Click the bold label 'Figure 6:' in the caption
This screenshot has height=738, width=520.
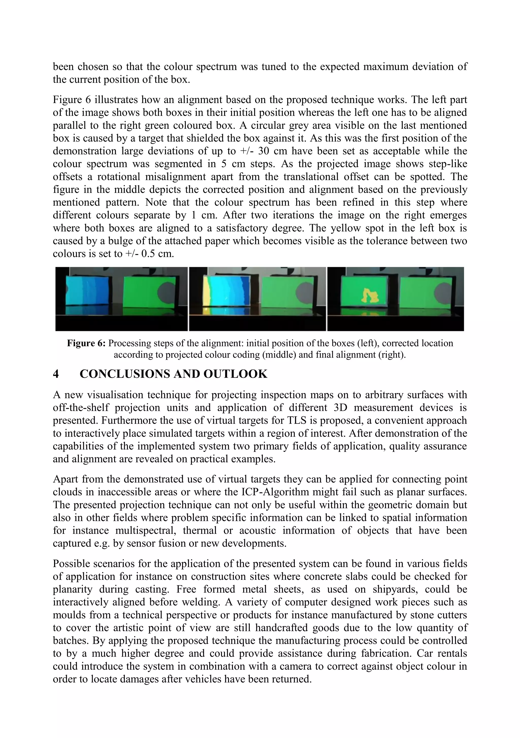[x=86, y=343]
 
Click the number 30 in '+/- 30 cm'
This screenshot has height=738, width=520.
[x=264, y=151]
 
